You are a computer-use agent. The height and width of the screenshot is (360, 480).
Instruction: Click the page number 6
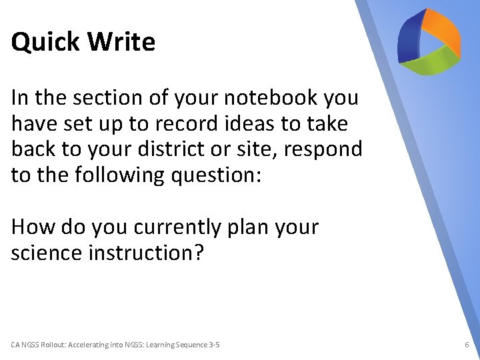click(467, 345)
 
